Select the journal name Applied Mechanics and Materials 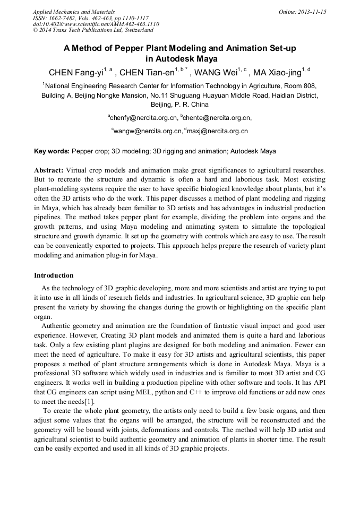74,12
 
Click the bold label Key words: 52,151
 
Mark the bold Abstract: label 49,170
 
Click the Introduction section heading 54,275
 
